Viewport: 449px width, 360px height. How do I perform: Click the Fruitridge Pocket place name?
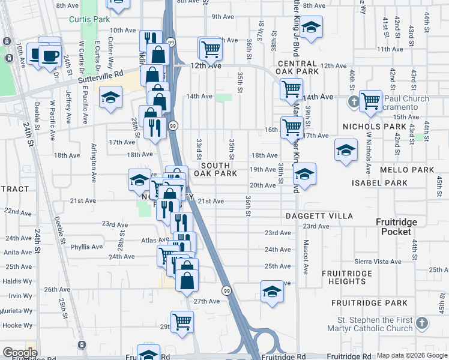pyautogui.click(x=396, y=227)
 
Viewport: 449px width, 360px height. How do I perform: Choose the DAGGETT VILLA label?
pyautogui.click(x=319, y=215)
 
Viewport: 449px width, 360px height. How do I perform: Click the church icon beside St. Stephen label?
pyautogui.click(x=422, y=323)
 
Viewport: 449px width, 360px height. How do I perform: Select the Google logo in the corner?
pyautogui.click(x=20, y=353)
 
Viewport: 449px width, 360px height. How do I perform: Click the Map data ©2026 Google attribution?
pyautogui.click(x=412, y=355)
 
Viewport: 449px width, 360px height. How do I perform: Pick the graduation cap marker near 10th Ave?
pyautogui.click(x=310, y=27)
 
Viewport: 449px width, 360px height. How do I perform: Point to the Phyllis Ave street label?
pyautogui.click(x=86, y=247)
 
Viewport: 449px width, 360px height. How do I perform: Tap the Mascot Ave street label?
pyautogui.click(x=306, y=258)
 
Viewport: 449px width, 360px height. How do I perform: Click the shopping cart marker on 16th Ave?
pyautogui.click(x=292, y=127)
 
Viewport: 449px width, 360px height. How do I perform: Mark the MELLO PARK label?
pyautogui.click(x=415, y=170)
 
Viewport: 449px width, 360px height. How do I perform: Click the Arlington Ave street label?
pyautogui.click(x=94, y=162)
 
